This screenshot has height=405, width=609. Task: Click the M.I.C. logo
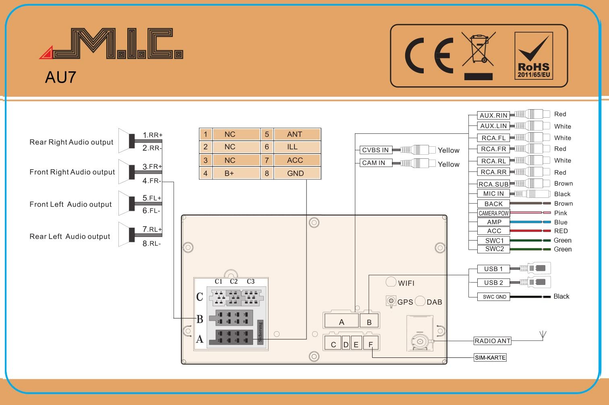point(113,44)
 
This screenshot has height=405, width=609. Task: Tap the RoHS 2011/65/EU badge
point(533,56)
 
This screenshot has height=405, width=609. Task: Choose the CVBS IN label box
point(375,150)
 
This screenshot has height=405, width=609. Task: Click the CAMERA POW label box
point(493,213)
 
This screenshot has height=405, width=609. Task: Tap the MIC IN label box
point(493,194)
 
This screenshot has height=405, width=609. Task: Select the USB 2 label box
point(493,282)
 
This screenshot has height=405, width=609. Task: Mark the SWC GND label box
point(494,297)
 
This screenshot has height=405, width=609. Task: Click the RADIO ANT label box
point(492,341)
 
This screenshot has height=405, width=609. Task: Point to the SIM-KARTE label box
point(490,357)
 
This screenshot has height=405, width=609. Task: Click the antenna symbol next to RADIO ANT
point(543,335)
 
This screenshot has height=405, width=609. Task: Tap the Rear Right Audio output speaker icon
point(128,141)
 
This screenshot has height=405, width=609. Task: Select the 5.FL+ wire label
point(152,198)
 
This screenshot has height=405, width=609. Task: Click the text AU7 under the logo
point(60,77)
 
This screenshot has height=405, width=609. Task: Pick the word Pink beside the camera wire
point(560,213)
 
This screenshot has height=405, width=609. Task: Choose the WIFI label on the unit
point(406,283)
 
